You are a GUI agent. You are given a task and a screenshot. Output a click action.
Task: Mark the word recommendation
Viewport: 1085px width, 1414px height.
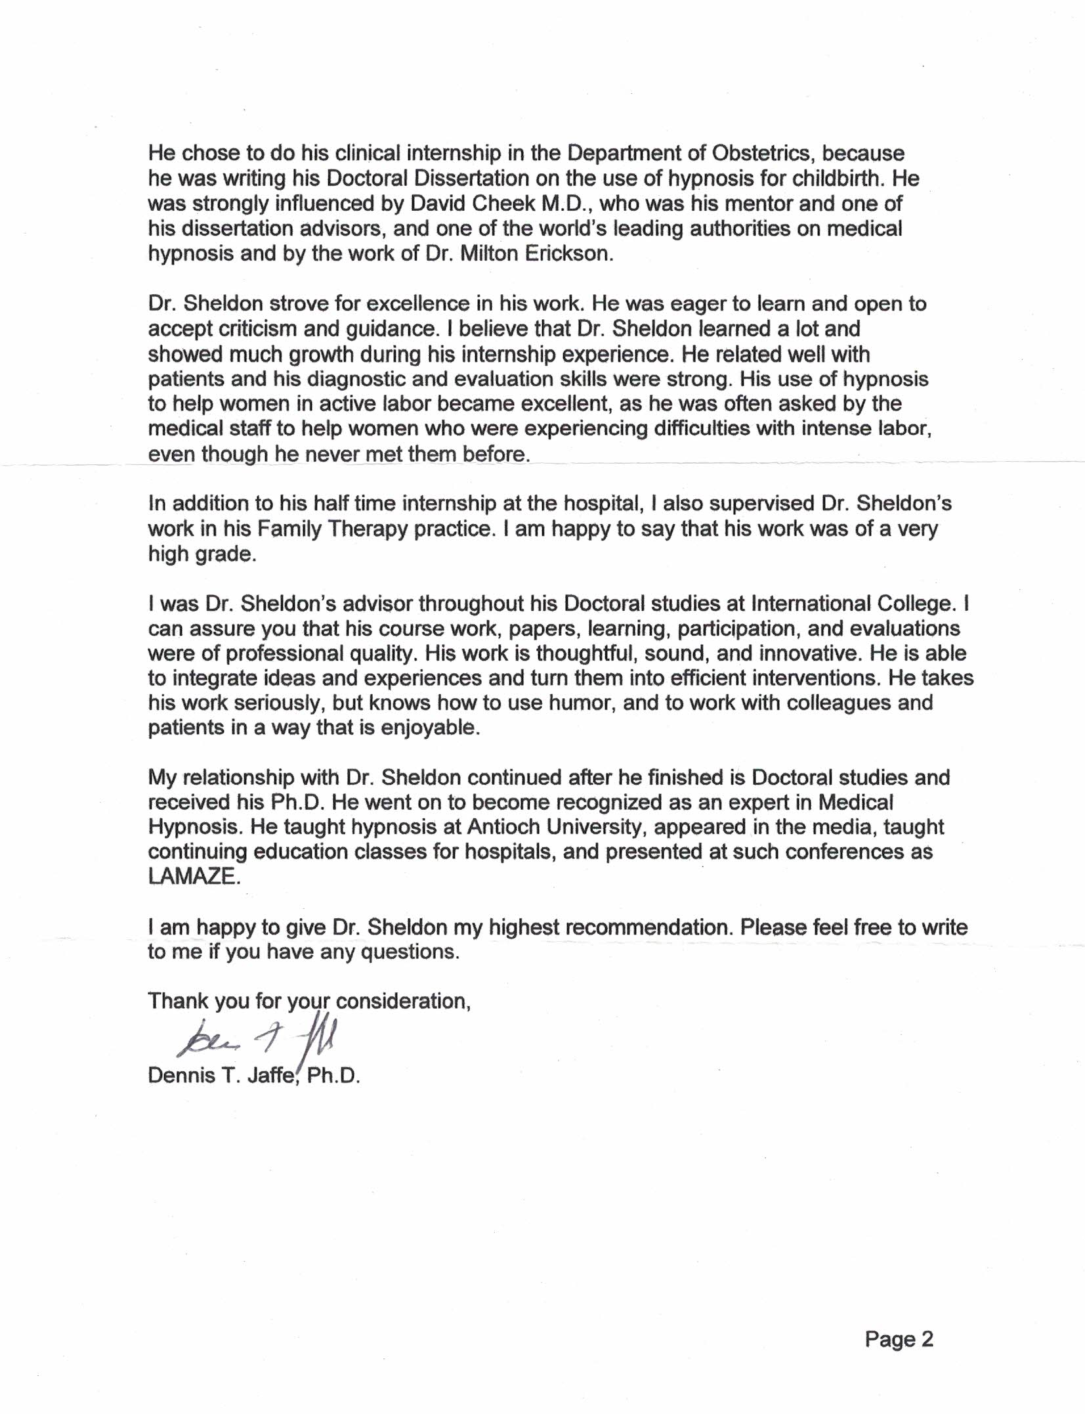click(x=647, y=927)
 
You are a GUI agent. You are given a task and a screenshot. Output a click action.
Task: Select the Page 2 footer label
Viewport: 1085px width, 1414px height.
click(x=899, y=1339)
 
